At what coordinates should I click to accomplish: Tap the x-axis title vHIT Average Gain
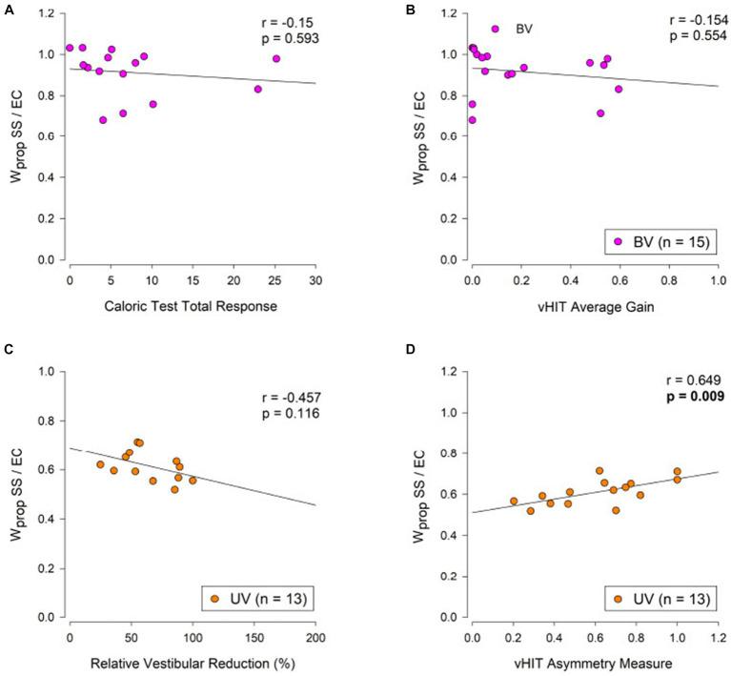click(595, 307)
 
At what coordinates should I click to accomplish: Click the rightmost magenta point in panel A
click(276, 59)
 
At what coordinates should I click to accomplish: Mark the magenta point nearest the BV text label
click(495, 29)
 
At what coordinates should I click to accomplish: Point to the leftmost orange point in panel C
click(100, 464)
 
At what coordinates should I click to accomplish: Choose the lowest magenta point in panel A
click(103, 120)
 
